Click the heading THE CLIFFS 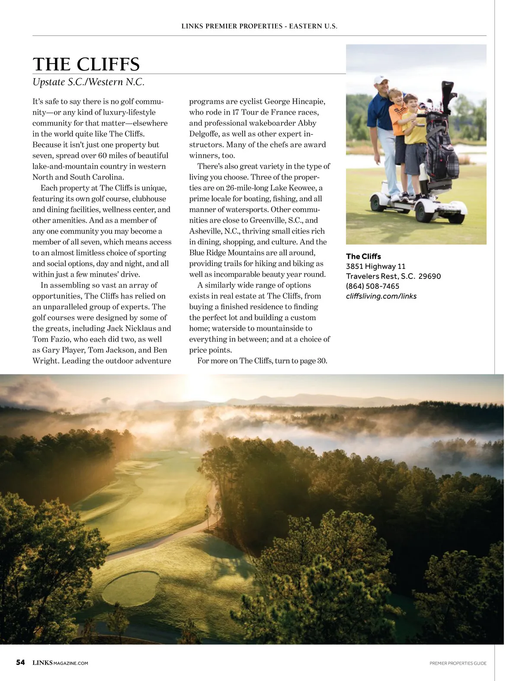86,64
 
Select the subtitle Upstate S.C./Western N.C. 88,82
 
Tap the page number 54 20,662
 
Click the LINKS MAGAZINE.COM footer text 61,663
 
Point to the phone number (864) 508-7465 372,286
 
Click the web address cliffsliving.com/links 381,296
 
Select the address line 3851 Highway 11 375,266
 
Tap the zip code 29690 429,276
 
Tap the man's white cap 379,80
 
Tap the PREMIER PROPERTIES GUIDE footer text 458,663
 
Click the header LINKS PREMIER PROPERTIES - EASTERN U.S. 259,26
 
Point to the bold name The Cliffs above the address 363,256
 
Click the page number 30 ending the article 322,361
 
